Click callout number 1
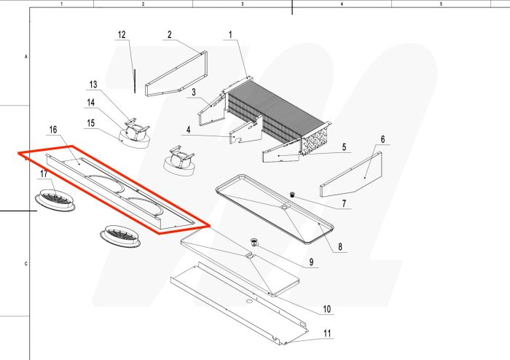[230, 34]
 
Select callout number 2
[169, 34]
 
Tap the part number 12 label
[122, 34]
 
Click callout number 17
[44, 174]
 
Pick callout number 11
[327, 334]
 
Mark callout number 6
[382, 139]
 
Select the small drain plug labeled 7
[291, 195]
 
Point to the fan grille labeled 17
[57, 200]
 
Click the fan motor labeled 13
[133, 130]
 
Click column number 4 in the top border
[342, 4]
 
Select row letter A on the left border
[26, 55]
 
